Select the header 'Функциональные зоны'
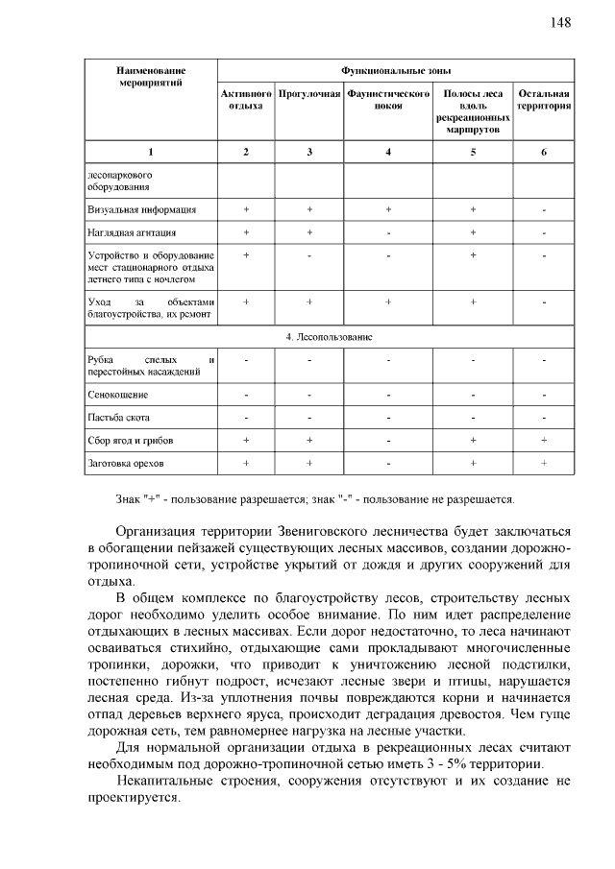tap(396, 71)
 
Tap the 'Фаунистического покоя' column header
tap(387, 101)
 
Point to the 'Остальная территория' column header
tap(544, 101)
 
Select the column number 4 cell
tap(387, 153)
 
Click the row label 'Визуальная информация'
tap(142, 209)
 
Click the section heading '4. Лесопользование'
tap(330, 337)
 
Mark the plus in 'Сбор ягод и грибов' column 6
tap(544, 441)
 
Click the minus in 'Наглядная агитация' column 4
tap(387, 233)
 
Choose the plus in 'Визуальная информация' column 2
tap(246, 209)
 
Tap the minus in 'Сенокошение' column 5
tap(473, 395)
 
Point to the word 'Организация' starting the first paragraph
tap(157, 531)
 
